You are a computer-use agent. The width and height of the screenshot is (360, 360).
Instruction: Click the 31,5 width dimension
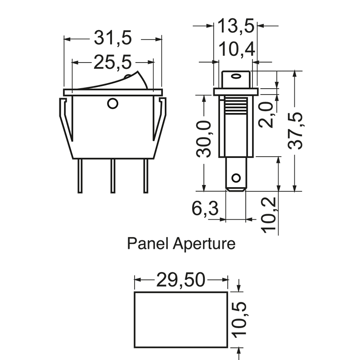[113, 38]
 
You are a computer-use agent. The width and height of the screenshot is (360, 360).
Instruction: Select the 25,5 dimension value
[112, 62]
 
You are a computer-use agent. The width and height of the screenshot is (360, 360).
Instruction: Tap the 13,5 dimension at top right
[236, 26]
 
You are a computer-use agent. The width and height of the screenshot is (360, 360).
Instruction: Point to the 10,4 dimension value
[237, 49]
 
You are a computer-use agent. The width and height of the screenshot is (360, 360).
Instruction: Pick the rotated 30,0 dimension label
[204, 139]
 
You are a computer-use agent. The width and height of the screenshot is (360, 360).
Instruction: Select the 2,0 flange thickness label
[267, 114]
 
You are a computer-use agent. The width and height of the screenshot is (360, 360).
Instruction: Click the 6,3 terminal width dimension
[205, 208]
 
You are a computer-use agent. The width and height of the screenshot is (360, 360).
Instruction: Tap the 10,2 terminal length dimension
[269, 215]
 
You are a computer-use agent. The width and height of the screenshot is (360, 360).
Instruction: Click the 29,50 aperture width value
[181, 279]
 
